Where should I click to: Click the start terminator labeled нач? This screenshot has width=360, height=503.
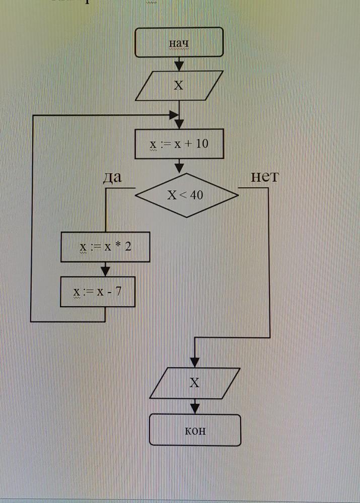(179, 42)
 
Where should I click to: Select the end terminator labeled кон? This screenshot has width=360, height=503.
(195, 430)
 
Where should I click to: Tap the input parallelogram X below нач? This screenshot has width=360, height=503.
(179, 86)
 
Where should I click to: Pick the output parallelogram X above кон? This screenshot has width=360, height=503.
(195, 383)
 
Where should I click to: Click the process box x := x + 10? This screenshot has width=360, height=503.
(179, 144)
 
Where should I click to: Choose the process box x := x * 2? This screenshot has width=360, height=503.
(105, 247)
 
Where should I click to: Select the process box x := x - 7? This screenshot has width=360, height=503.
(98, 292)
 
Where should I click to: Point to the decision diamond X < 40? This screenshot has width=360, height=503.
(186, 194)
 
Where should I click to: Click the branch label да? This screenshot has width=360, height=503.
(112, 177)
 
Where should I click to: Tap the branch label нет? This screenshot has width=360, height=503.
(264, 177)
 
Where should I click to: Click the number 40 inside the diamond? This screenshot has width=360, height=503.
(197, 194)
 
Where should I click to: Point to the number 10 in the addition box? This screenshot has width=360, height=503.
(201, 144)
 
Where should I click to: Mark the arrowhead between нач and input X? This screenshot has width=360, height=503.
(179, 66)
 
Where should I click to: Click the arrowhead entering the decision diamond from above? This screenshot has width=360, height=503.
(179, 168)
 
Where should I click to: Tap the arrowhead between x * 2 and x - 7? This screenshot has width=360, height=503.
(105, 271)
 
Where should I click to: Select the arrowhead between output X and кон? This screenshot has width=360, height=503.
(195, 408)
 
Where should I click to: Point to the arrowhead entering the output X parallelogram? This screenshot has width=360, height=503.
(195, 362)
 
